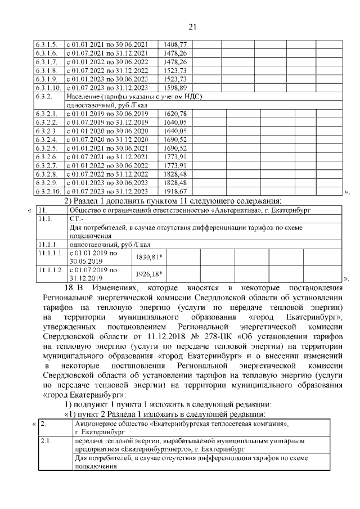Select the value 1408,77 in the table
(175, 44)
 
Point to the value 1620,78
(175, 114)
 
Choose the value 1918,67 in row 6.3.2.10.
(175, 192)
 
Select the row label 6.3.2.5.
(46, 148)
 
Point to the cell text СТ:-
(75, 219)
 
